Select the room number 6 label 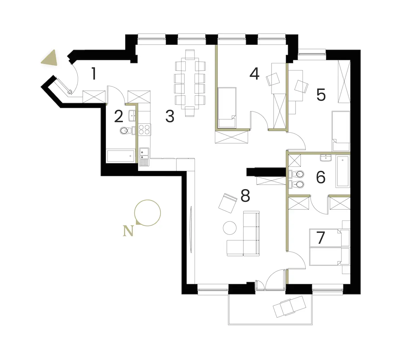(321, 177)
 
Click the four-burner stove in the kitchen (144, 129)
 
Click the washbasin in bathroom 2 (132, 116)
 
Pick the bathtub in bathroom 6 (343, 171)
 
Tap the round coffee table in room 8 (230, 228)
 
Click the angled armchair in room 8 (228, 203)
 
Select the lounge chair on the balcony (289, 307)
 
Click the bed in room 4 (227, 108)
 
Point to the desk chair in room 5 (301, 86)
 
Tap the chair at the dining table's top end (190, 54)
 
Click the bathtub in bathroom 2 (120, 156)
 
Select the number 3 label (170, 116)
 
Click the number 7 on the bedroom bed (321, 238)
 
